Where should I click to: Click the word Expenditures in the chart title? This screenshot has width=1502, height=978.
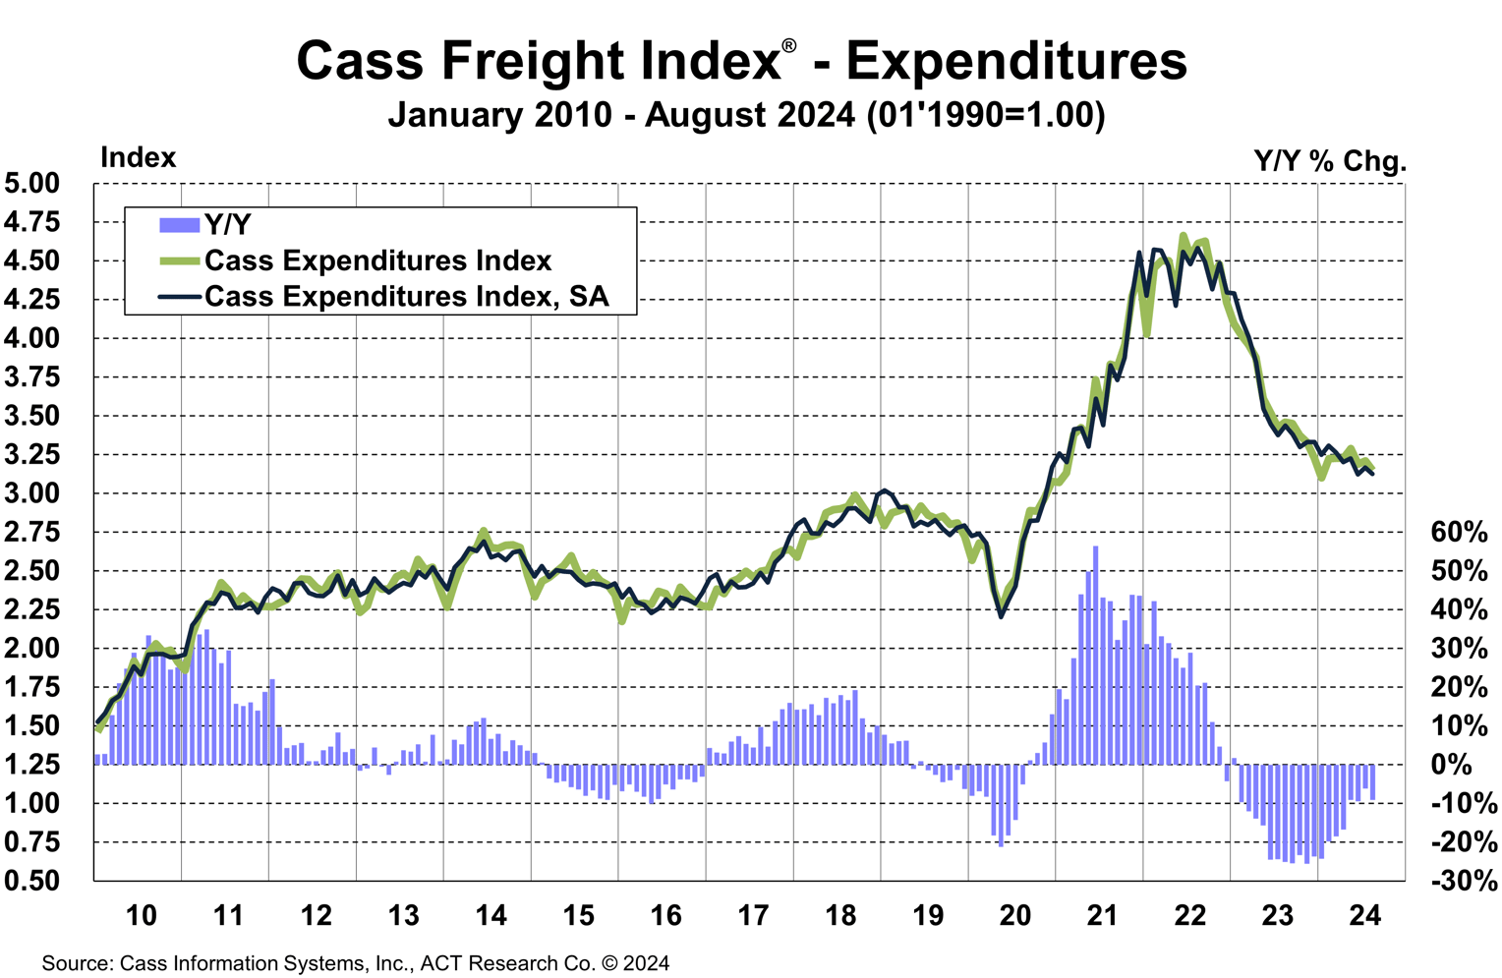(1016, 61)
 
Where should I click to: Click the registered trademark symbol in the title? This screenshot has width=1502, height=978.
(789, 47)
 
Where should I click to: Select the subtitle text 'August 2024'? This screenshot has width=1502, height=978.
(750, 115)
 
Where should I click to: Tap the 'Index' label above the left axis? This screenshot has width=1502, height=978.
(138, 158)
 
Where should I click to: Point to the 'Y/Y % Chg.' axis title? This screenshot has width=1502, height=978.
(1329, 161)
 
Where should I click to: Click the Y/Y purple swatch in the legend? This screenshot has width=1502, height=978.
(179, 225)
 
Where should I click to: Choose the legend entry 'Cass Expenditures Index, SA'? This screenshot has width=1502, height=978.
(406, 297)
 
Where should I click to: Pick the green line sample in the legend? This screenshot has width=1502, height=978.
(179, 261)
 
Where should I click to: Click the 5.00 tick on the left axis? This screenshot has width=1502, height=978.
(31, 184)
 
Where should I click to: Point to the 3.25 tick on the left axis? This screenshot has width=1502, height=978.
(31, 455)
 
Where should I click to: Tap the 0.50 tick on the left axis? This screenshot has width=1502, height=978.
(31, 881)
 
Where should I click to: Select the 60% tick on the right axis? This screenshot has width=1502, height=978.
(1459, 533)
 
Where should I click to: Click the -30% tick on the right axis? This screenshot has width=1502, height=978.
(1463, 881)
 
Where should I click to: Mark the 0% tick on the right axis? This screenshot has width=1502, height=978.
(1451, 765)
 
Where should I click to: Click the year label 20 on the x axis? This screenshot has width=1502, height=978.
(1014, 916)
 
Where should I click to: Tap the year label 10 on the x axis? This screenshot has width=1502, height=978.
(141, 916)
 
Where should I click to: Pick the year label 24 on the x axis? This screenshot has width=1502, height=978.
(1364, 916)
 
